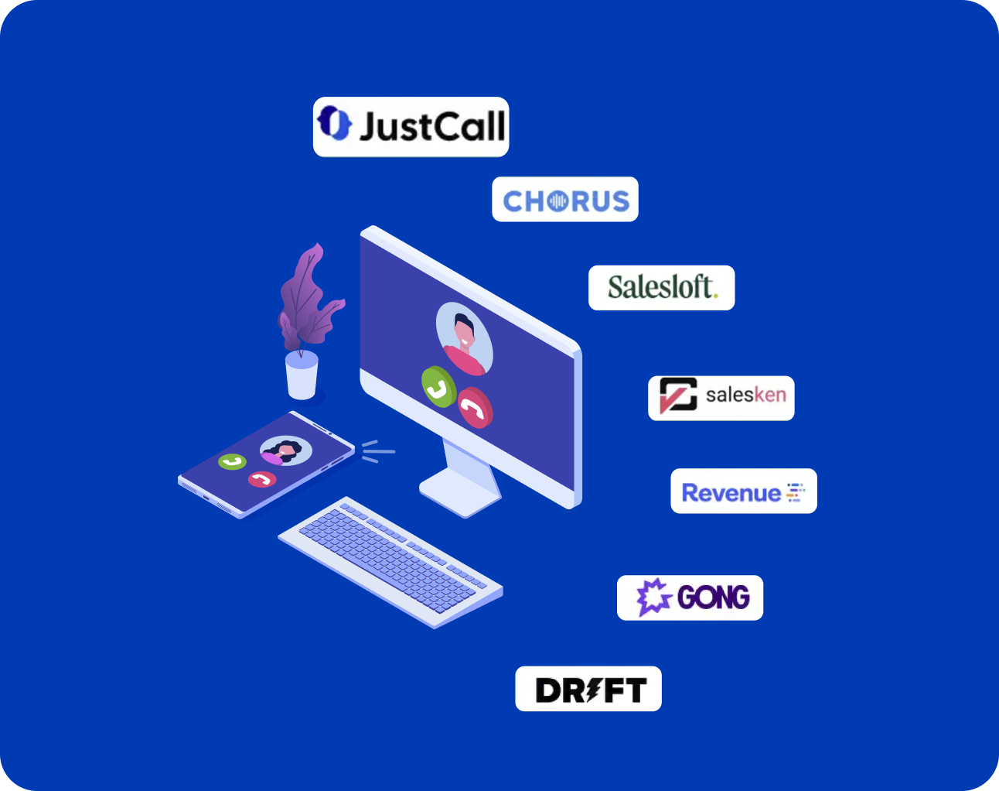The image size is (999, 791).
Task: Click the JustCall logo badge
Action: [x=411, y=127]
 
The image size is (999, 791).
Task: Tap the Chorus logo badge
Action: [x=565, y=200]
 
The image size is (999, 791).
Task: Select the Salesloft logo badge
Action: [x=661, y=288]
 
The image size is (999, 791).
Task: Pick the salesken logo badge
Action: [x=721, y=398]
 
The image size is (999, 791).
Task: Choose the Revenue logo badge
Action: [x=743, y=491]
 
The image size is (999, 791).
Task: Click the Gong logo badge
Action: [x=690, y=598]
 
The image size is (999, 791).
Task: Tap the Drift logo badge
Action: [x=588, y=689]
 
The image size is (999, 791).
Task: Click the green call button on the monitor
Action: [x=438, y=386]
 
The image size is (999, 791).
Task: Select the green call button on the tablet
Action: [x=232, y=462]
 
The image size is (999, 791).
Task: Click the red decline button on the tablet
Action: [x=262, y=480]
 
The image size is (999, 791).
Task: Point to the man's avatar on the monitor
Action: [x=464, y=338]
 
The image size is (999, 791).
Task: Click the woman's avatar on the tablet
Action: [x=286, y=450]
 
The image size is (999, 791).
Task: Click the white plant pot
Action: [x=302, y=375]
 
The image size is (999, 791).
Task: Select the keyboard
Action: [x=390, y=561]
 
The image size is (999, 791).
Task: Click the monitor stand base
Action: [x=459, y=494]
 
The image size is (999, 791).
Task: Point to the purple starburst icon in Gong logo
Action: [x=653, y=598]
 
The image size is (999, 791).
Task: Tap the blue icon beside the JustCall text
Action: [x=335, y=124]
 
